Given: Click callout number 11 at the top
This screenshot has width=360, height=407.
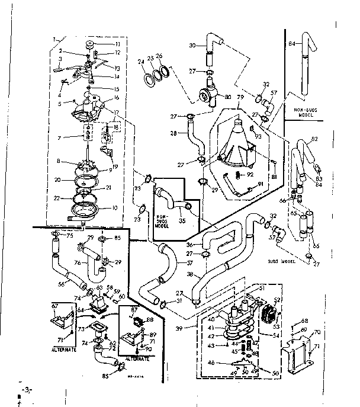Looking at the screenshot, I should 117,44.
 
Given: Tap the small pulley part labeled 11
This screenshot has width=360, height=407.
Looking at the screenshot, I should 90,45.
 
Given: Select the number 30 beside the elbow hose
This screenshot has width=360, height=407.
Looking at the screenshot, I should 192,46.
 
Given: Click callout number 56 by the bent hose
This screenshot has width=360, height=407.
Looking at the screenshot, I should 61,284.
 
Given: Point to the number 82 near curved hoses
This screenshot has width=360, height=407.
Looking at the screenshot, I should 331,138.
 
